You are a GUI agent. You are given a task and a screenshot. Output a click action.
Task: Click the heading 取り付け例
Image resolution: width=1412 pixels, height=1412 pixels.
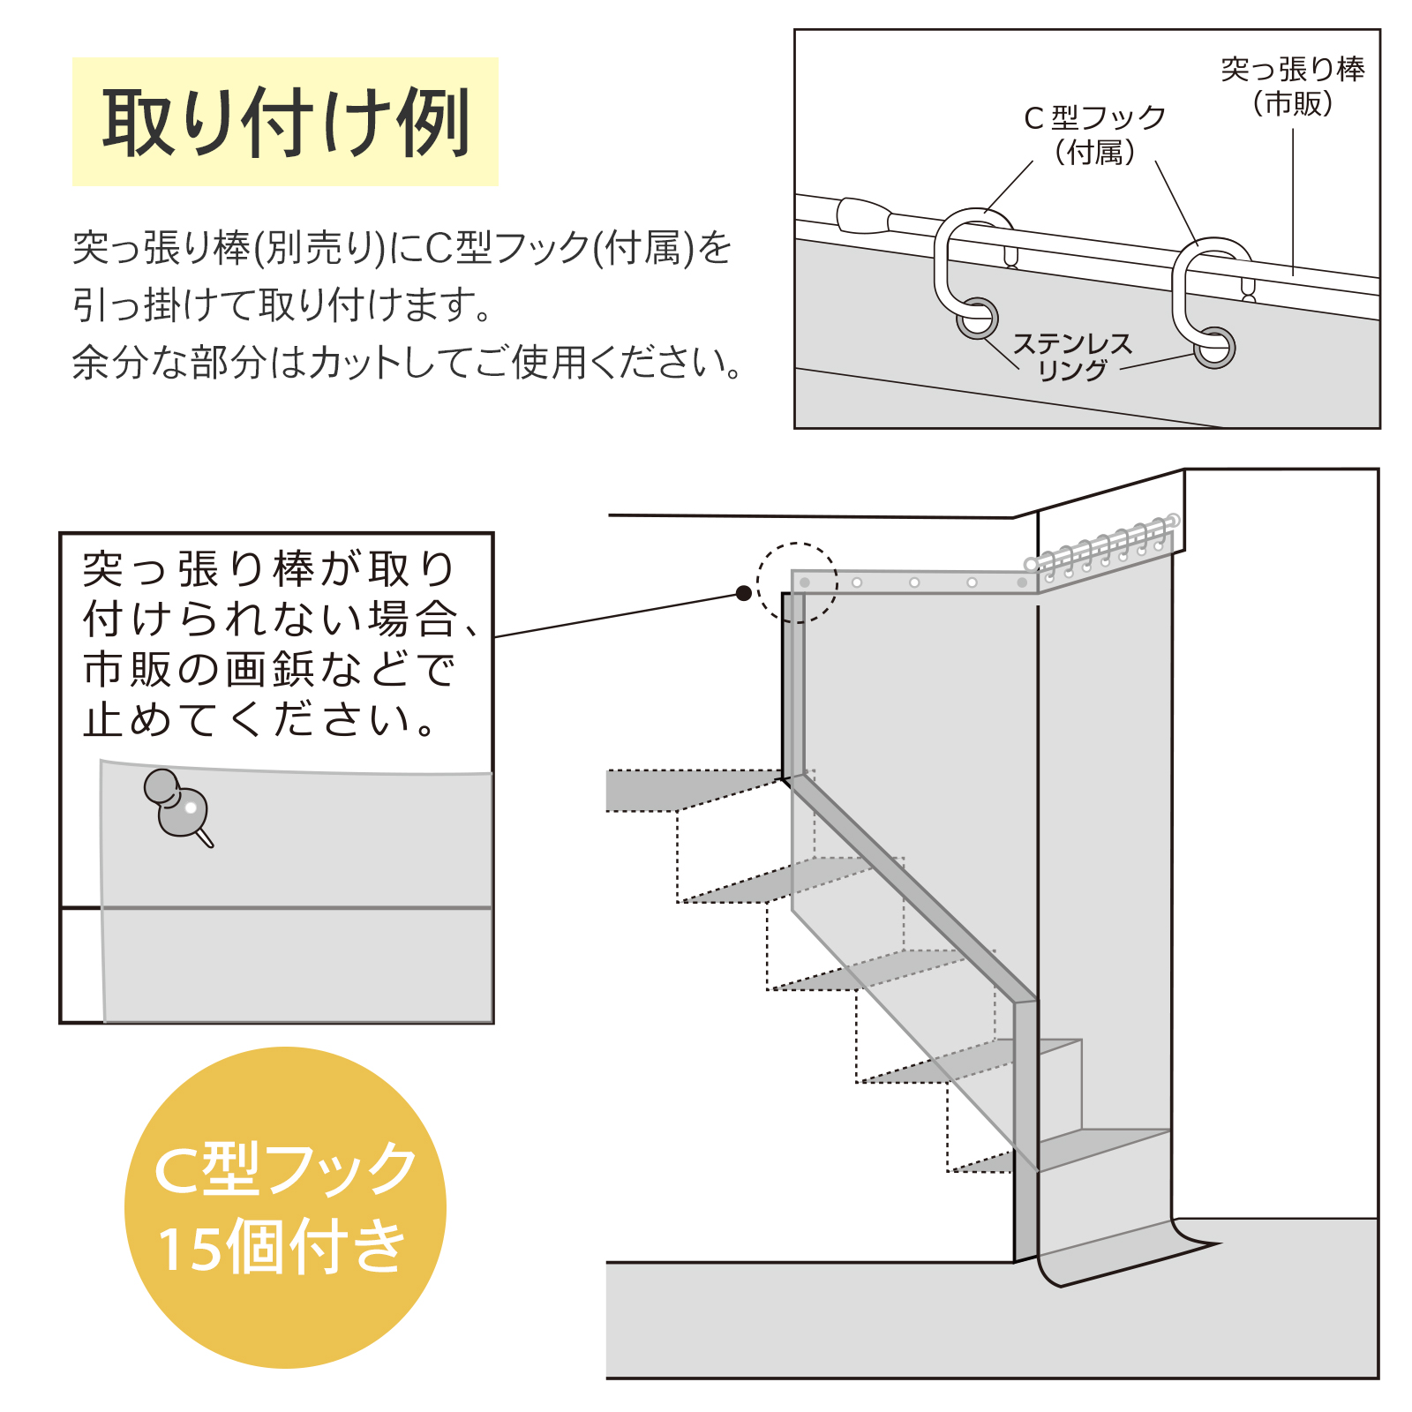pyautogui.click(x=285, y=123)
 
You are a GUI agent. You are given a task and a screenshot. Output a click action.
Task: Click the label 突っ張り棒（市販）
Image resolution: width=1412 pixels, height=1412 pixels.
pyautogui.click(x=1292, y=86)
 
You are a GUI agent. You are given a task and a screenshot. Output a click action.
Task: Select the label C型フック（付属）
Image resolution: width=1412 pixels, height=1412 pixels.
pyautogui.click(x=1094, y=134)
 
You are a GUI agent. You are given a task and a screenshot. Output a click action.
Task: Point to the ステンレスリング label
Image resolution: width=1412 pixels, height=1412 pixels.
pyautogui.click(x=1071, y=357)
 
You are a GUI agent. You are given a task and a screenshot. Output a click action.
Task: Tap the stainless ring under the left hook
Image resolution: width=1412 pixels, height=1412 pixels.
pyautogui.click(x=977, y=319)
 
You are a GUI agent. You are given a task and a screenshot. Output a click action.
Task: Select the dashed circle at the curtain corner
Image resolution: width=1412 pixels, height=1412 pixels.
pyautogui.click(x=797, y=582)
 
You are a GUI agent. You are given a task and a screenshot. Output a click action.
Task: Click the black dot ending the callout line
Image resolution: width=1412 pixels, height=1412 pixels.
pyautogui.click(x=744, y=593)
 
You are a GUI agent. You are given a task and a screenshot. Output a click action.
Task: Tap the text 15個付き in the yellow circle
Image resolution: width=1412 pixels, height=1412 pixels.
pyautogui.click(x=282, y=1247)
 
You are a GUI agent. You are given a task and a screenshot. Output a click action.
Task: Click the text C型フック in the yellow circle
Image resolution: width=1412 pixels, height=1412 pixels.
pyautogui.click(x=285, y=1168)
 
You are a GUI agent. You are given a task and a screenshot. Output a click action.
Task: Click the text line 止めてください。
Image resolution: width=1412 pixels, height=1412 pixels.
pyautogui.click(x=260, y=720)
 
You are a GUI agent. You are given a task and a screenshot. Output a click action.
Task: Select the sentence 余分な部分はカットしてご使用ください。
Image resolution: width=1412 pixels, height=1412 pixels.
pyautogui.click(x=408, y=362)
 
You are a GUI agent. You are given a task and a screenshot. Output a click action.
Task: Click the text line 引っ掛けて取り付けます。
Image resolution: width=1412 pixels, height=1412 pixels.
pyautogui.click(x=282, y=305)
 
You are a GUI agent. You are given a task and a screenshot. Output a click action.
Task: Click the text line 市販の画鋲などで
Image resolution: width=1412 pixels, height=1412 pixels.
pyautogui.click(x=269, y=670)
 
